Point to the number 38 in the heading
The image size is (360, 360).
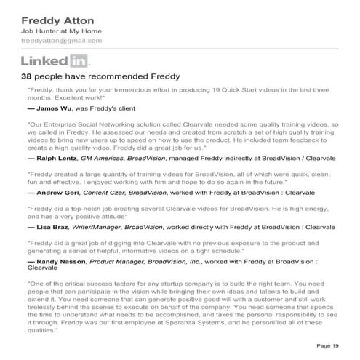(28, 76)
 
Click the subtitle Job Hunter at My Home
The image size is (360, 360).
(61, 31)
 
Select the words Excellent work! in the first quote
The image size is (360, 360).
(79, 96)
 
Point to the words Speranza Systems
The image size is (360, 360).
(215, 321)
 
